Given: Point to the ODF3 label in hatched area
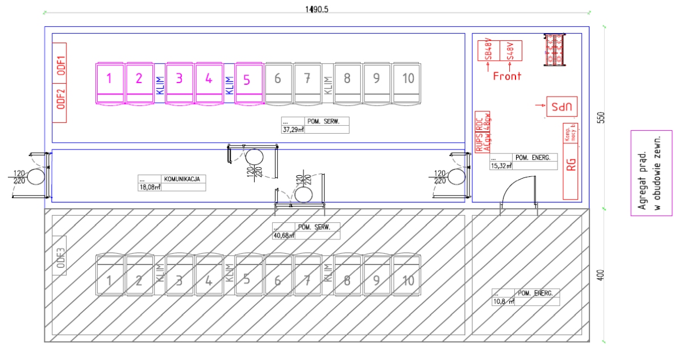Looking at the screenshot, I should pyautogui.click(x=60, y=255).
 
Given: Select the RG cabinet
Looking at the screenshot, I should pyautogui.click(x=572, y=165).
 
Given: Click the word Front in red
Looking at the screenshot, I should pyautogui.click(x=506, y=76).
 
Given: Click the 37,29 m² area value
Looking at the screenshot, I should pyautogui.click(x=294, y=129).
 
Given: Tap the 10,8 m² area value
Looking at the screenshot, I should pyautogui.click(x=503, y=301).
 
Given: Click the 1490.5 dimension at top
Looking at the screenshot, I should pyautogui.click(x=317, y=9).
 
